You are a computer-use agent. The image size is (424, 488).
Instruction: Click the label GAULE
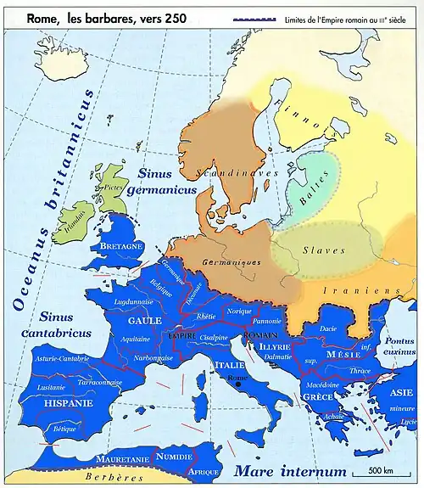tap(144, 322)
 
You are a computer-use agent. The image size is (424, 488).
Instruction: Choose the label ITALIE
tap(229, 364)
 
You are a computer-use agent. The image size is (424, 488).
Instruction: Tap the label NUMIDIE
tap(176, 457)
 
